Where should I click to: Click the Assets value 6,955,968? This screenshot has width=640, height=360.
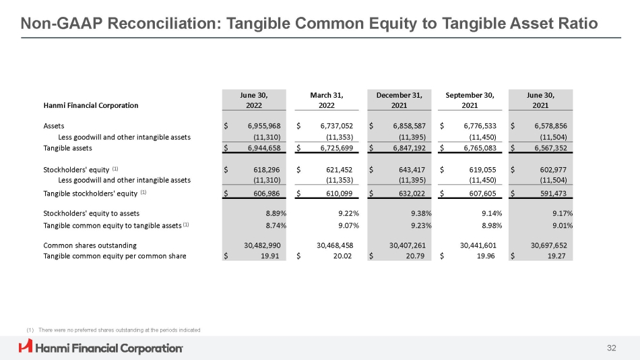click(264, 126)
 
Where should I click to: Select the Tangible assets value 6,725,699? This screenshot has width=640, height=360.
click(336, 148)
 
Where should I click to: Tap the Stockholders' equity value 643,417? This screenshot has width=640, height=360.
click(412, 170)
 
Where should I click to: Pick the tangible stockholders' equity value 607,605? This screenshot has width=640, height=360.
click(482, 193)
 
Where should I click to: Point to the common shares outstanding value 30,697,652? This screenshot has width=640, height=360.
click(548, 245)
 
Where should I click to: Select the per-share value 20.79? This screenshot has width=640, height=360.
click(415, 256)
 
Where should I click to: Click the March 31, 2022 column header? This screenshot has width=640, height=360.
click(327, 100)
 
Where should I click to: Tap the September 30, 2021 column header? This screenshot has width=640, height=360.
click(470, 100)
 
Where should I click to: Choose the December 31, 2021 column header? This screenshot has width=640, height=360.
click(399, 100)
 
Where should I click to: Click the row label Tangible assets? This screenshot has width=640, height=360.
click(68, 148)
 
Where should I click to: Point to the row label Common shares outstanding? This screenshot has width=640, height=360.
click(90, 245)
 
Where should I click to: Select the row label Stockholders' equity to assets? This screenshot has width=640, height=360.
click(92, 213)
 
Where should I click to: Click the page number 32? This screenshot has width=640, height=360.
click(612, 348)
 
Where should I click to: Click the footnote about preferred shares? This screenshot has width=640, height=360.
click(113, 330)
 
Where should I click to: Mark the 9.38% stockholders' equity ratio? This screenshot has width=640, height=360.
click(421, 213)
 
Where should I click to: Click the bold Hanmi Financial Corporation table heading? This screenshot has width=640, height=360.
click(91, 105)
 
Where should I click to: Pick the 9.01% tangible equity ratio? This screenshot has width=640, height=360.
click(563, 225)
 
